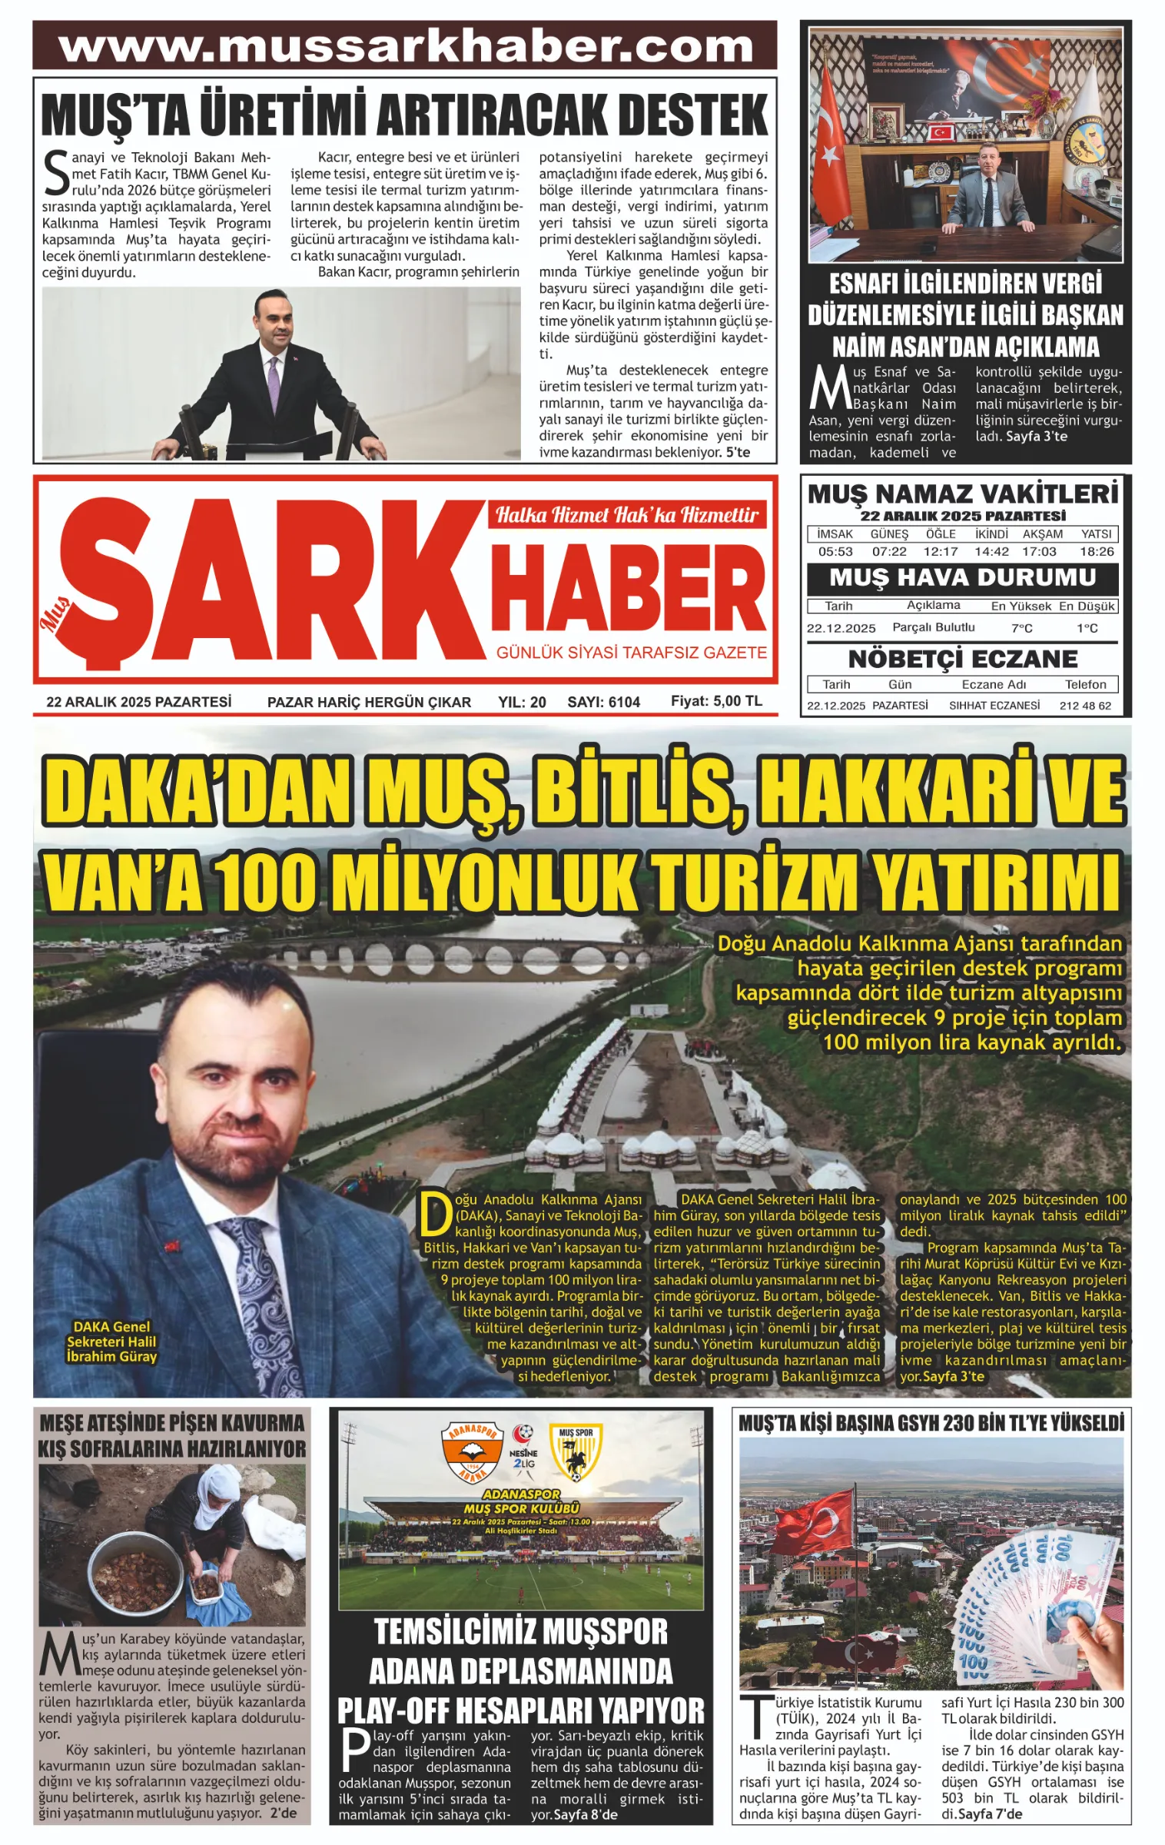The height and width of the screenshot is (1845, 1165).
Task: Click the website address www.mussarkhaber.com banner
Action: pos(405,46)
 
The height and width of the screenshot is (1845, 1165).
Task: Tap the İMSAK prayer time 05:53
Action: pos(835,551)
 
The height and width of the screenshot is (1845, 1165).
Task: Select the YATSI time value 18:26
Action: pos(1097,551)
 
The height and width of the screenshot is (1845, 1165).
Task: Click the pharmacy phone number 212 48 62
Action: pos(1085,706)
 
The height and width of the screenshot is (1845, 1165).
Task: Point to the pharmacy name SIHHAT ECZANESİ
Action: pos(994,705)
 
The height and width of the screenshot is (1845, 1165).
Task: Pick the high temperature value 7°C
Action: pos(1022,628)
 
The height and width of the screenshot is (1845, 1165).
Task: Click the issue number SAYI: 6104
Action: pos(603,702)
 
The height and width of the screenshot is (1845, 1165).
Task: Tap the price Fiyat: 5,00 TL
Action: pos(716,701)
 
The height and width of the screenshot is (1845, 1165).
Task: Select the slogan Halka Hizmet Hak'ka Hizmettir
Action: pos(626,514)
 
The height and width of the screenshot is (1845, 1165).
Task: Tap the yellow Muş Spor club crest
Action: pos(576,1451)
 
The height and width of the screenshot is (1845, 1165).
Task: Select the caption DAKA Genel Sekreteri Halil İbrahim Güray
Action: pos(112,1341)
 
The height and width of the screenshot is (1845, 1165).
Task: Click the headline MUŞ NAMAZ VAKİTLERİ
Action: pos(963,494)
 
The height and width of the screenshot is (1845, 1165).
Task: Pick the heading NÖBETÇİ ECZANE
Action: pos(963,659)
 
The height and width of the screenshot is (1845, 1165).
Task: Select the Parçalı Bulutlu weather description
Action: pos(933,627)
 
